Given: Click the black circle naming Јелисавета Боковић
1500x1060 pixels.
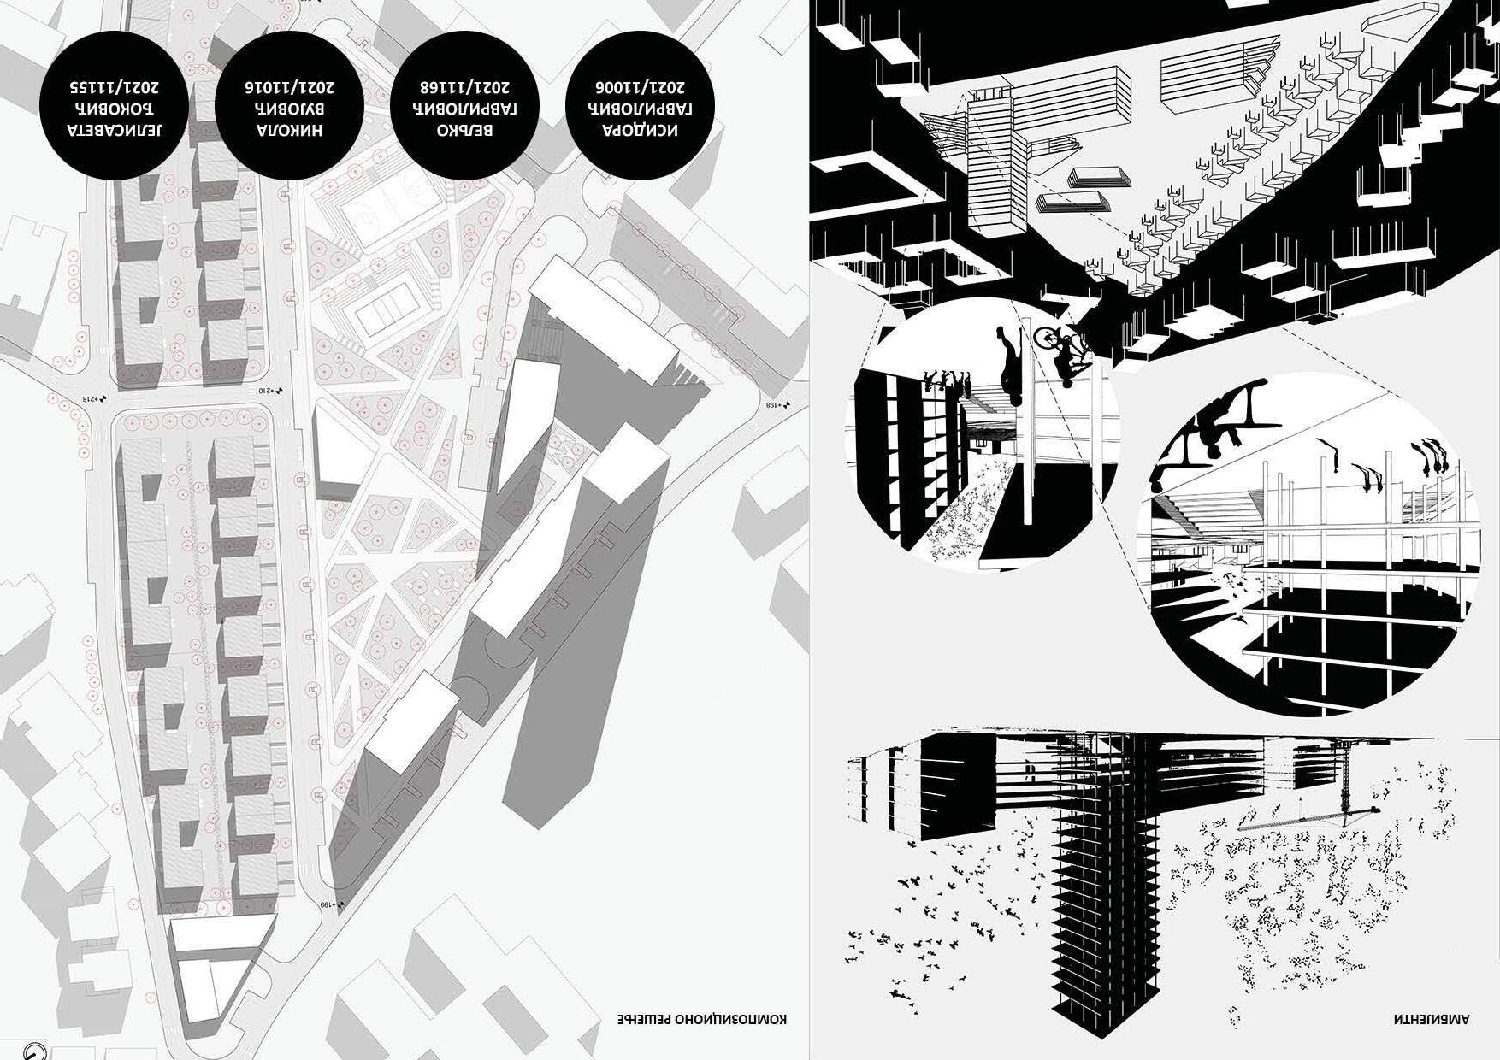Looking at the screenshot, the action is (115, 106).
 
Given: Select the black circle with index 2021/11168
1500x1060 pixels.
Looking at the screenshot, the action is (465, 106).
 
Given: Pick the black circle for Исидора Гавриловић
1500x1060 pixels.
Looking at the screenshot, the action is (641, 106).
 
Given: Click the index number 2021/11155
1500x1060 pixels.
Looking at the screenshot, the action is (115, 86).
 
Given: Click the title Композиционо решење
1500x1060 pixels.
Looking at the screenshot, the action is (701, 1019).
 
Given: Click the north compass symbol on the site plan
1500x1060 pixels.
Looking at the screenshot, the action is (34, 1051).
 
